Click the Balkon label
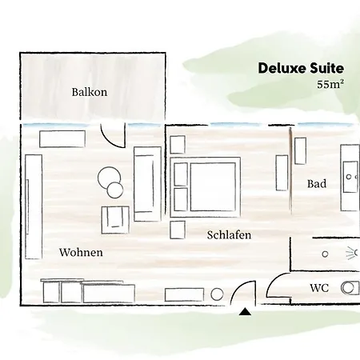tap(89, 92)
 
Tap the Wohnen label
tap(81, 253)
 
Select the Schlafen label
tap(229, 235)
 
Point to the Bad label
tap(317, 184)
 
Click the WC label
tap(320, 287)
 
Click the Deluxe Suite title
tap(301, 68)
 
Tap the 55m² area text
tap(330, 84)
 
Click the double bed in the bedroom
tap(206, 186)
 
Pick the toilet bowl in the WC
tap(350, 287)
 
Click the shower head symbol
tap(350, 254)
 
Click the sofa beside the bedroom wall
tap(147, 183)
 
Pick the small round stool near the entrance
tap(217, 294)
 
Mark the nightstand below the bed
tap(178, 230)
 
